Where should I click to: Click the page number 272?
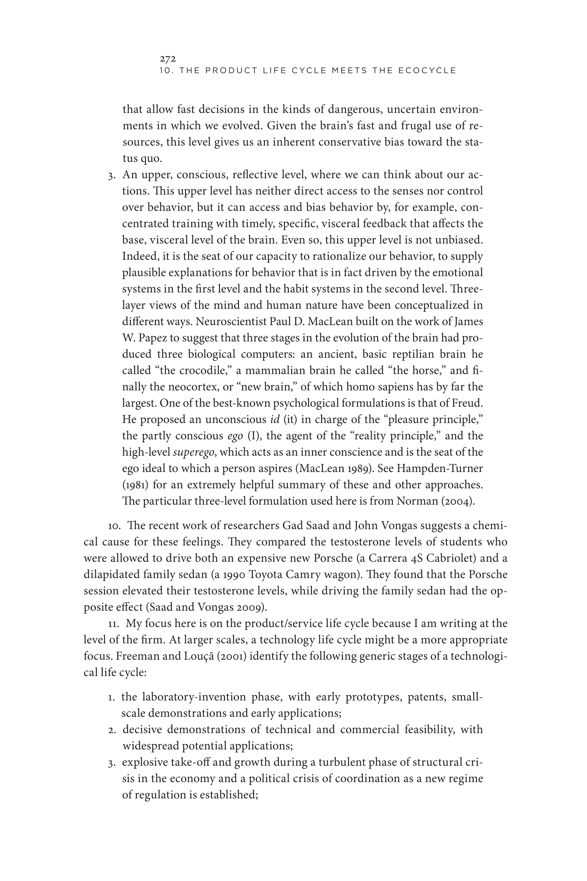(x=168, y=59)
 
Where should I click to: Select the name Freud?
(x=467, y=403)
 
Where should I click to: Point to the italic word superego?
(x=193, y=452)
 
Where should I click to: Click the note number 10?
(x=114, y=526)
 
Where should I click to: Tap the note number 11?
(x=114, y=624)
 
